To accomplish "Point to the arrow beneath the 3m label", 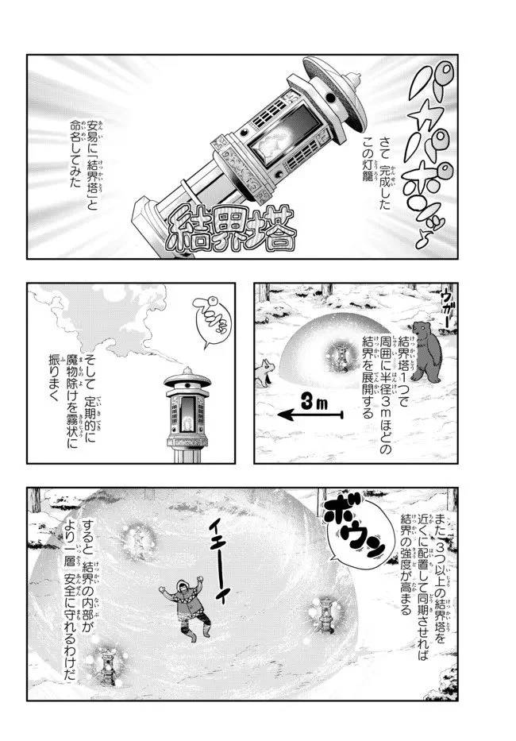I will click(x=310, y=415).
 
